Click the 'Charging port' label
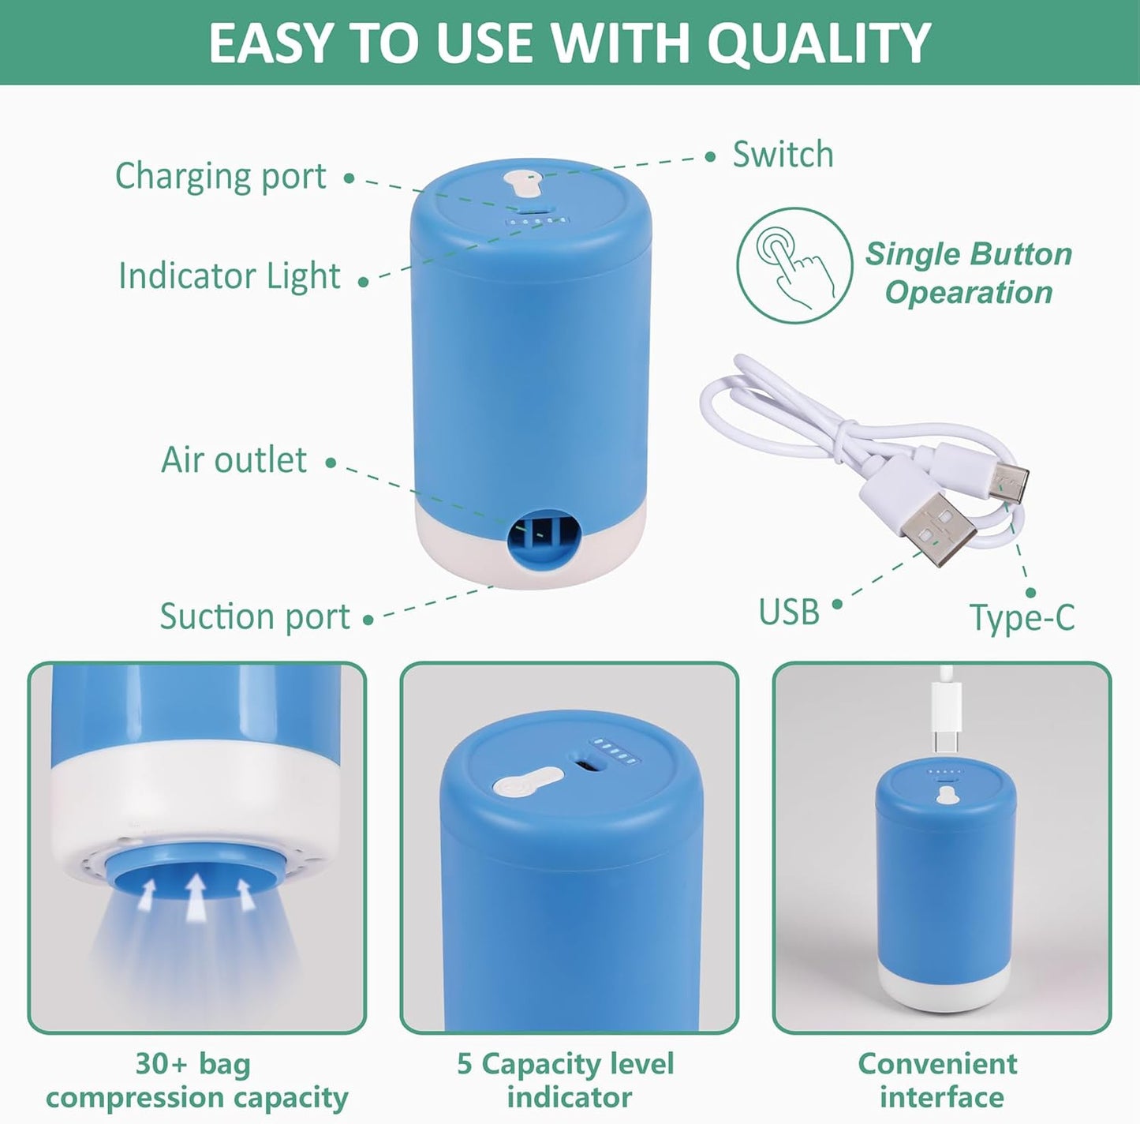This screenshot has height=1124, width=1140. pos(221,176)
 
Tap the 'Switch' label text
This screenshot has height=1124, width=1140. pos(783,154)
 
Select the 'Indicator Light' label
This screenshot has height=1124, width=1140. pos(230,276)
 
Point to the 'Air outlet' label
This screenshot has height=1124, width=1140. pos(234,459)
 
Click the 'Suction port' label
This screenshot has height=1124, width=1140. pos(255,616)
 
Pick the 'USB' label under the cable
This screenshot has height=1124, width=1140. pos(789,612)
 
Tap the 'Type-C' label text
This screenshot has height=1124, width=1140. pos(1022,617)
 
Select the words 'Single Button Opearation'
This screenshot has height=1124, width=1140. pos(969,273)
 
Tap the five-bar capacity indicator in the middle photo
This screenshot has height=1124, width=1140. pos(615,751)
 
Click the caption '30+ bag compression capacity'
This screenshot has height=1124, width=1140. pos(196,1081)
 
